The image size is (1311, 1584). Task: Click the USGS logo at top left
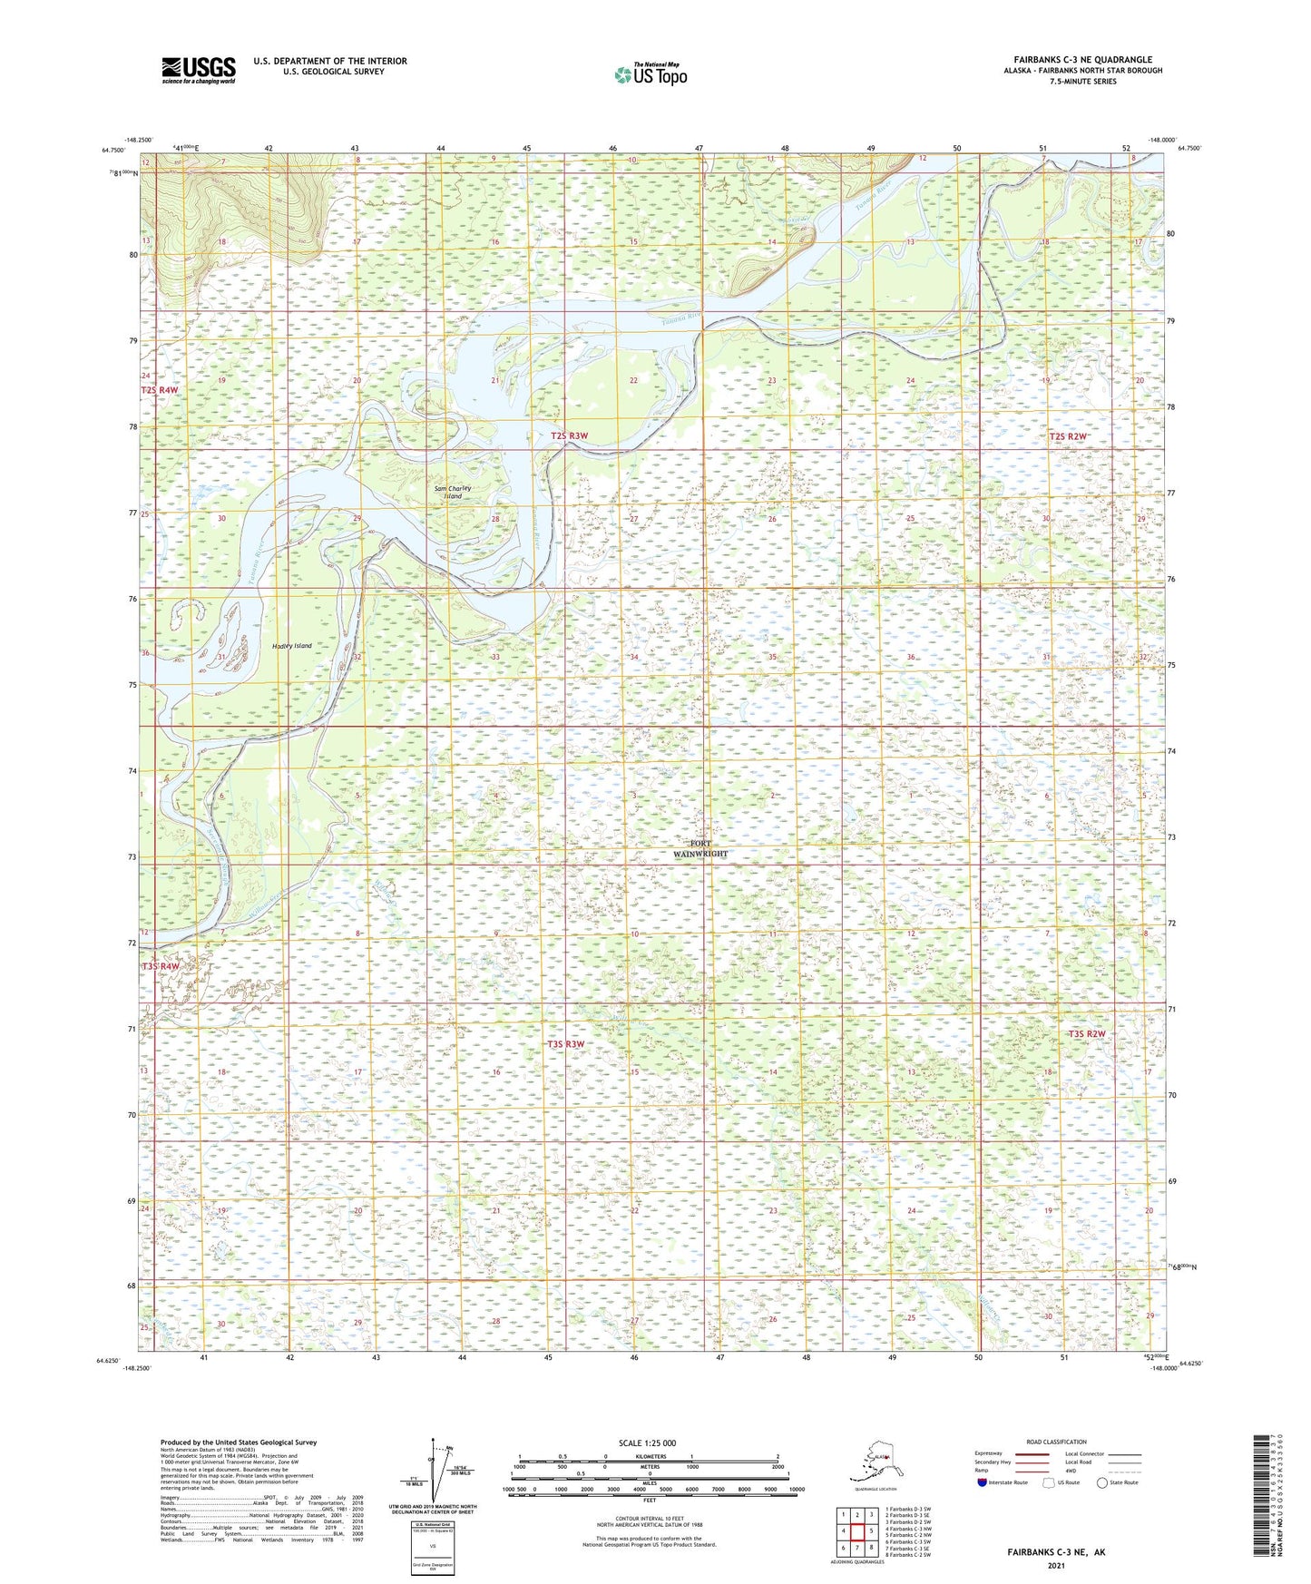point(198,69)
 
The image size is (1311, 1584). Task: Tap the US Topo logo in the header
point(650,74)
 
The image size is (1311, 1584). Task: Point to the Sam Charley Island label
point(452,493)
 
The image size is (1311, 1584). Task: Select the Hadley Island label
point(291,646)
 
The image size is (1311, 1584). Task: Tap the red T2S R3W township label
point(569,436)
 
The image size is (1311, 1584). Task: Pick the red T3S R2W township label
point(1087,1034)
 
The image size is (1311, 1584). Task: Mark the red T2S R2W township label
point(1068,437)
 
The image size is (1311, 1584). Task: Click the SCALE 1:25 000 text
point(647,1443)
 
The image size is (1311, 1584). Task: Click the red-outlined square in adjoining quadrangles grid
point(856,1531)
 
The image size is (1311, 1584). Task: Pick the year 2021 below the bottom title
point(1055,1566)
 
